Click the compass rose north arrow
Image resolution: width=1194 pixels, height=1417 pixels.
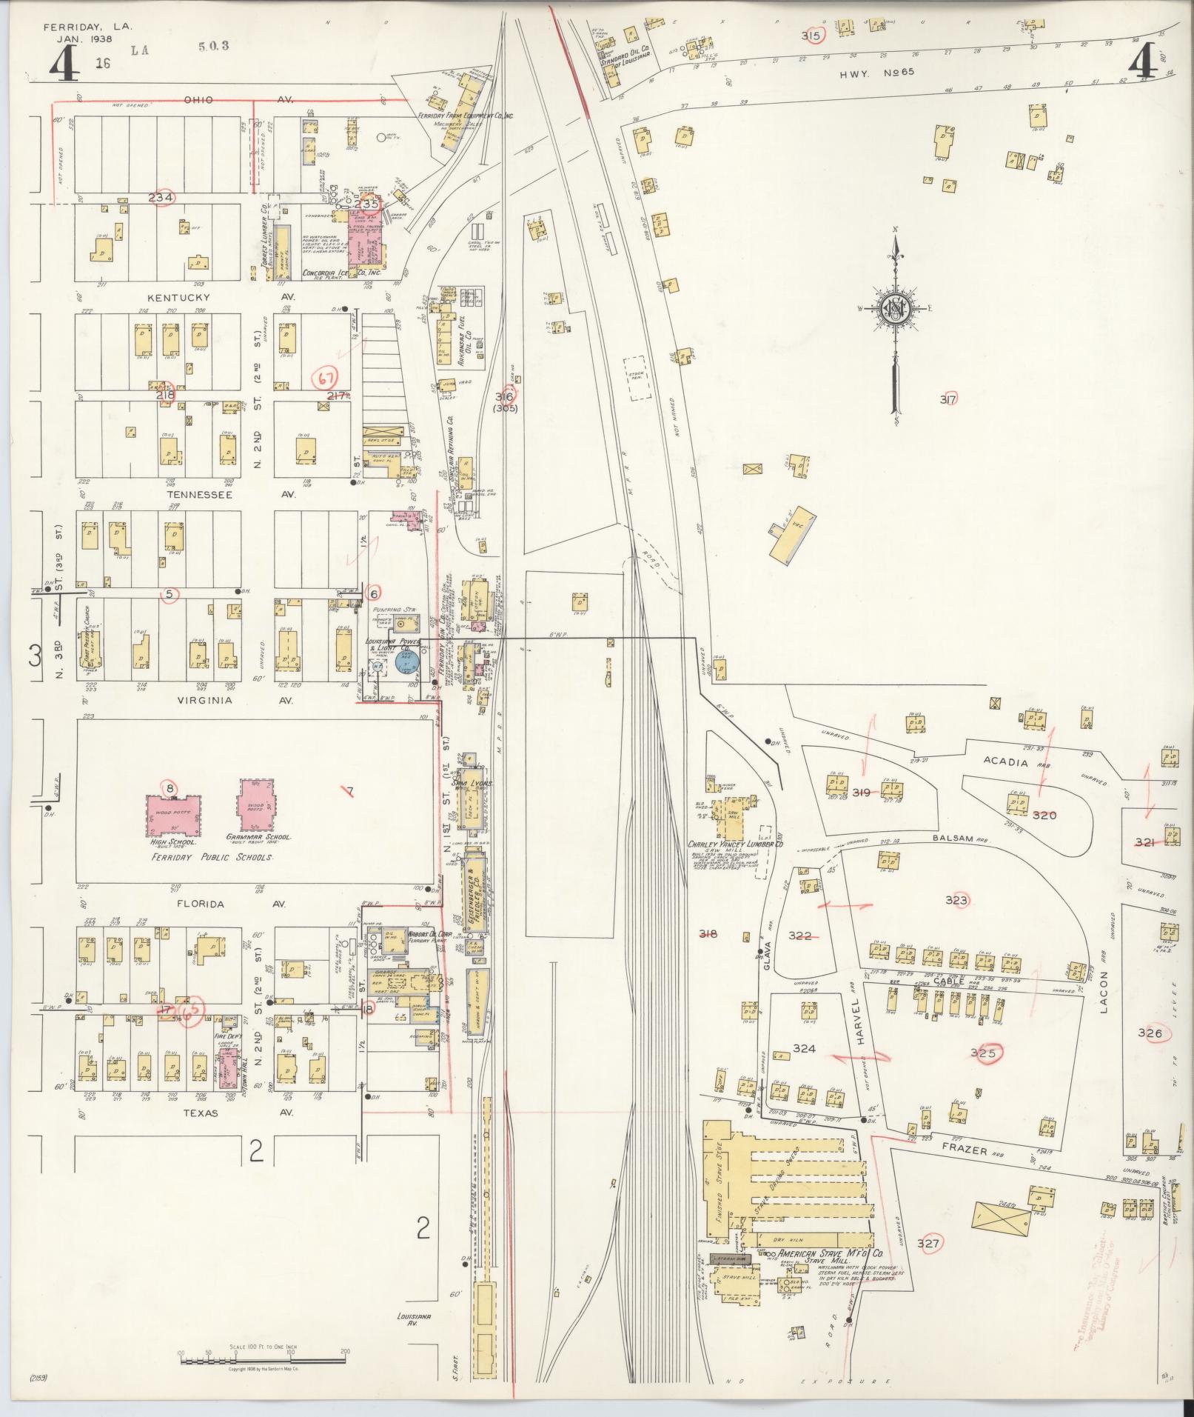pyautogui.click(x=896, y=311)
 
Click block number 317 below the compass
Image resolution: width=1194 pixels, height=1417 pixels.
pyautogui.click(x=948, y=399)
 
